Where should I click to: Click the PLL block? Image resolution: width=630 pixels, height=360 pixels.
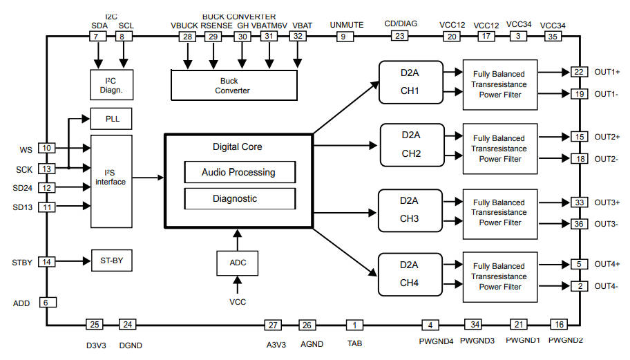coord(111,119)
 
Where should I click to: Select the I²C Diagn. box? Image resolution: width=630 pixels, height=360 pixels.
coord(111,84)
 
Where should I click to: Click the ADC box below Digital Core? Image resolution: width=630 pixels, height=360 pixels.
coord(236,263)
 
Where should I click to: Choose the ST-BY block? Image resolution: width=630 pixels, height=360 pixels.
coord(111,261)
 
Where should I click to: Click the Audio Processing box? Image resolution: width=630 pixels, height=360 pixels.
coord(239,172)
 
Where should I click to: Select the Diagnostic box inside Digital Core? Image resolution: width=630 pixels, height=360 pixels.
coord(239,198)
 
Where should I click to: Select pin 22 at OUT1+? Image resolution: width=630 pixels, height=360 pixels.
coord(579,72)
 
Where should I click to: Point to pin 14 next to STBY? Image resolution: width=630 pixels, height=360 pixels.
coord(47,262)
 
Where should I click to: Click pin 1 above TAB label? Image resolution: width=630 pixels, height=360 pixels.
coord(355,325)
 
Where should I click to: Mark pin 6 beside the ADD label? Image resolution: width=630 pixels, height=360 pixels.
coord(47,303)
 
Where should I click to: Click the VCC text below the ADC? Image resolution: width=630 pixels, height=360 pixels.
coord(237,302)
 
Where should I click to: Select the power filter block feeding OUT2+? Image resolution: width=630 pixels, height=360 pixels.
coord(499,149)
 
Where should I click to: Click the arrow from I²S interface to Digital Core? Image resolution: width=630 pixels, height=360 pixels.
coord(148,177)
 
